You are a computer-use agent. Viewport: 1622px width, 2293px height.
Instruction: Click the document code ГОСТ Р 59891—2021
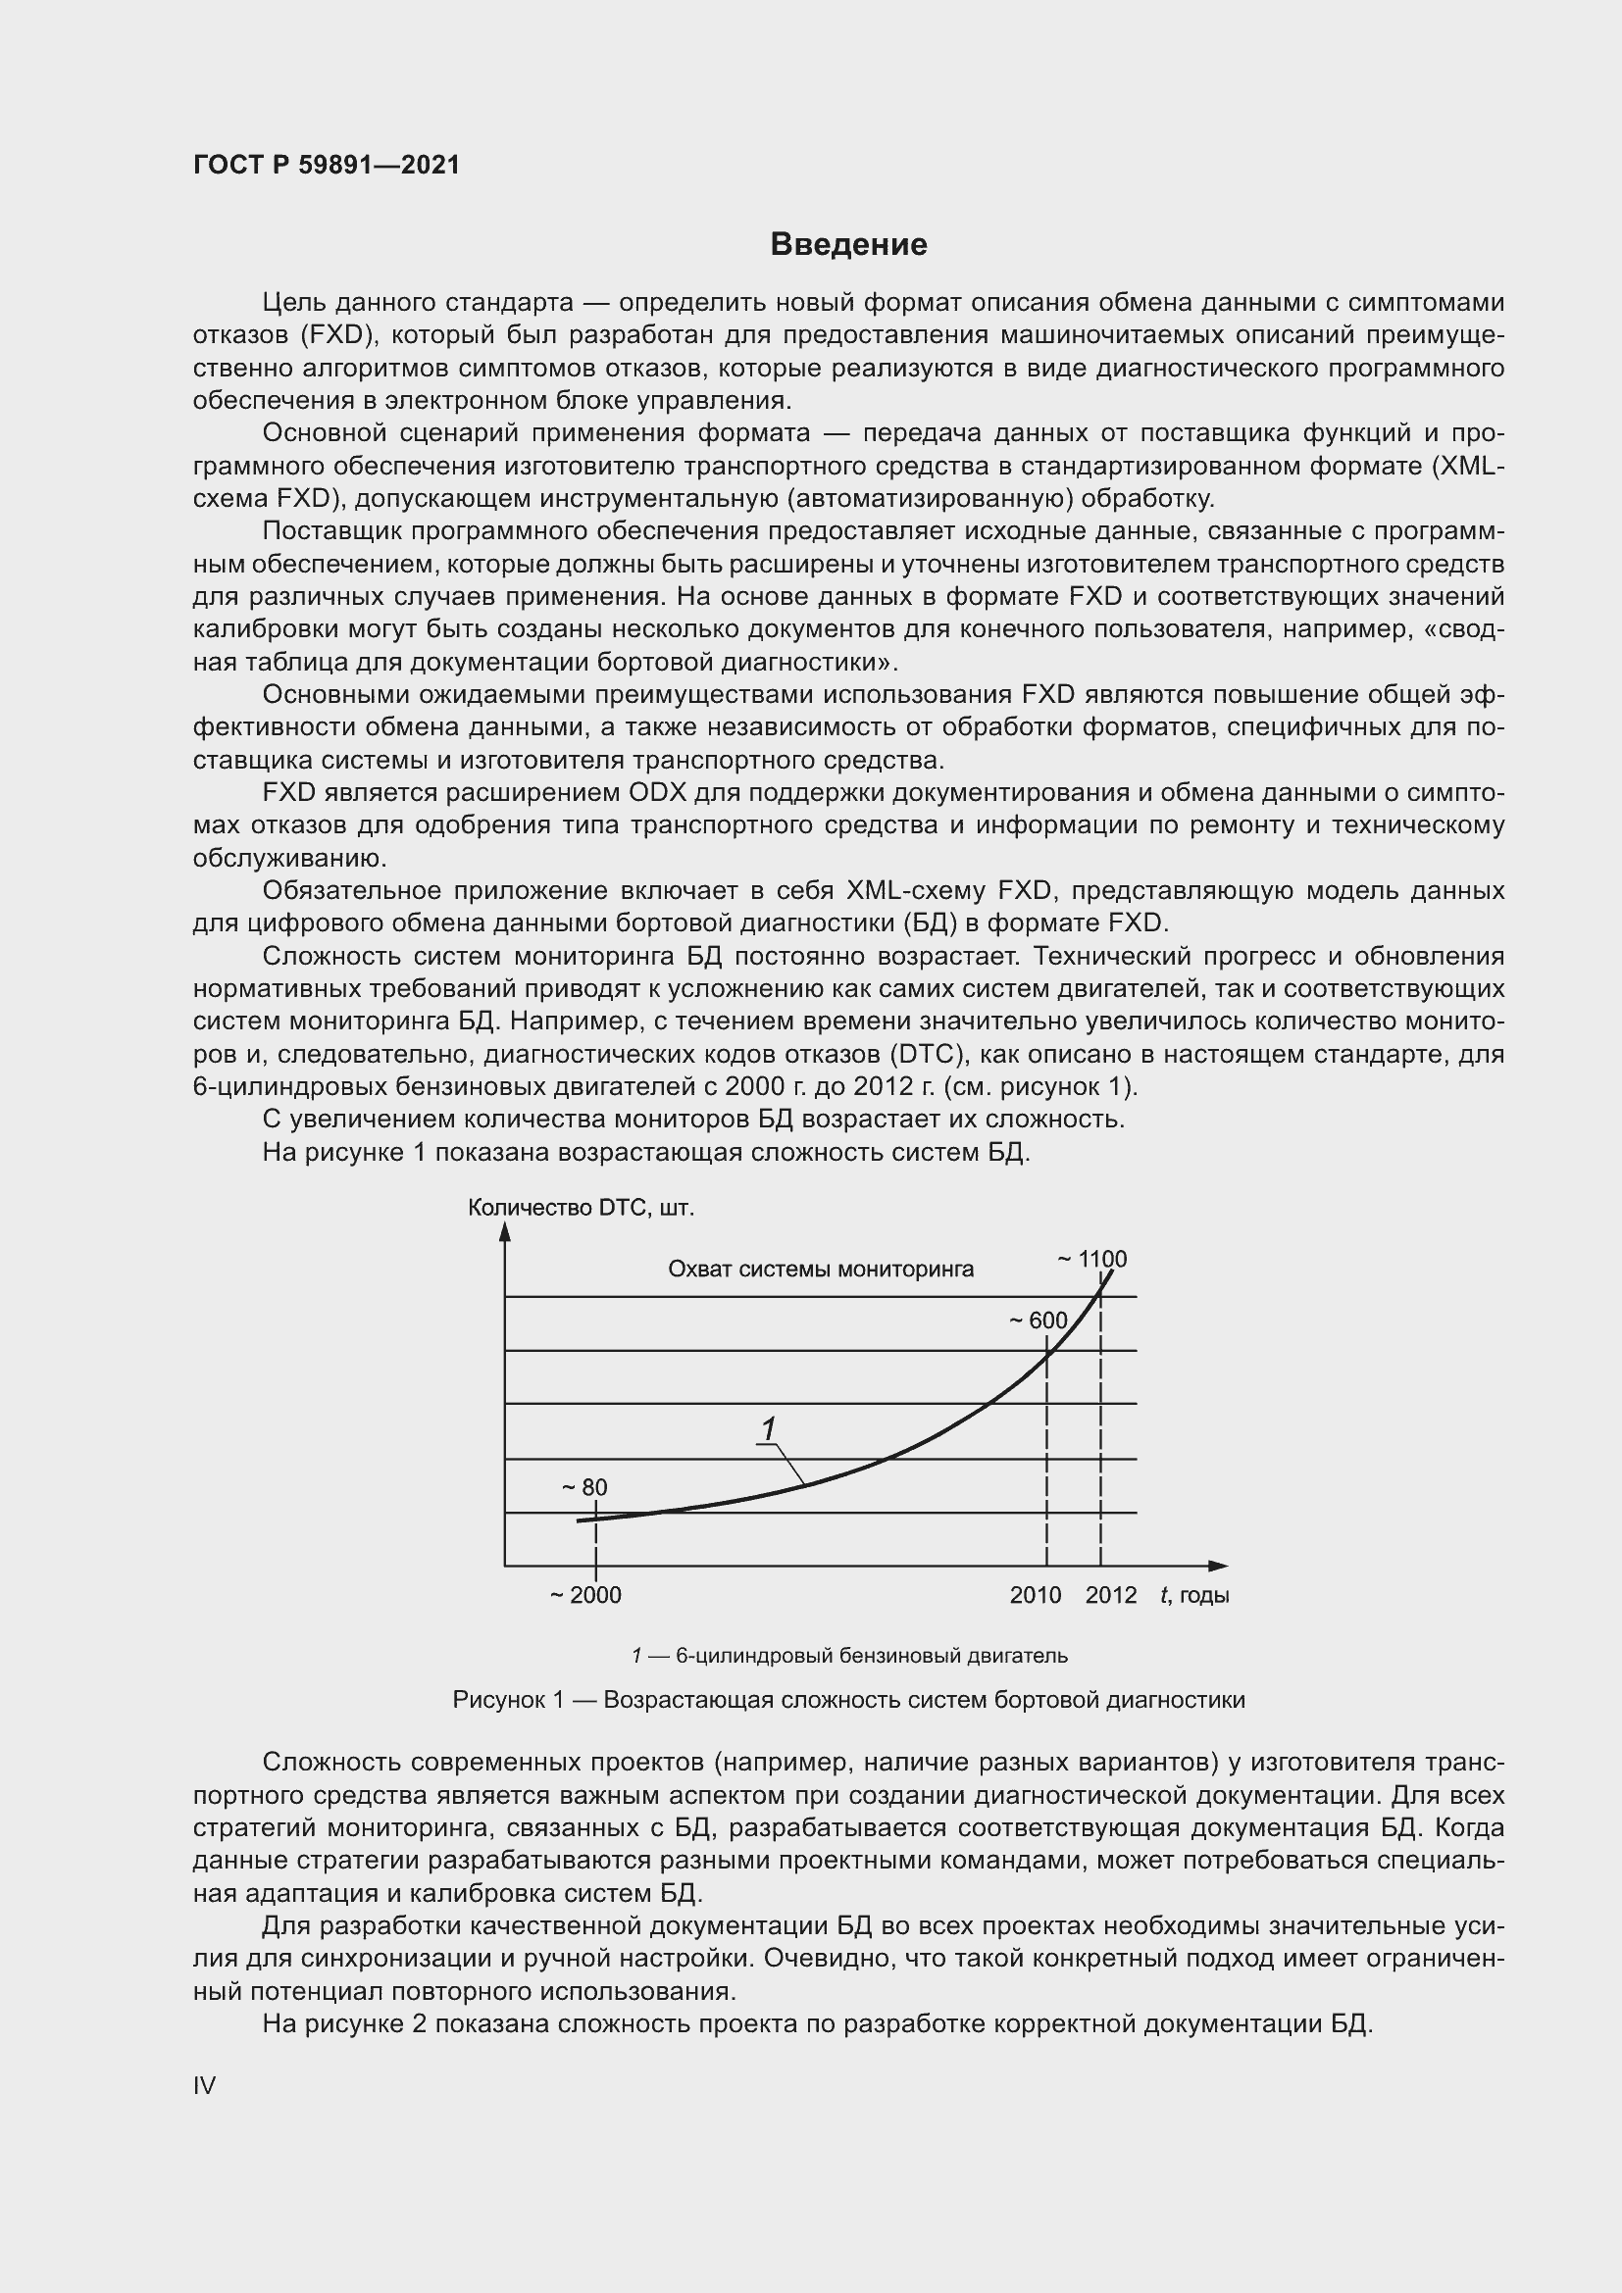pos(327,165)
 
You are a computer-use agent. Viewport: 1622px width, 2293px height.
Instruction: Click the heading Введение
pos(849,245)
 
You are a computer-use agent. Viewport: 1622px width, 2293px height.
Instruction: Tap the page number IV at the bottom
pos(204,2085)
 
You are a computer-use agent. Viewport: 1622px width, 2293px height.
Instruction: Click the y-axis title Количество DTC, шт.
pos(581,1208)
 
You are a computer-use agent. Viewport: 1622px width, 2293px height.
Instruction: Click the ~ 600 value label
pos(1038,1321)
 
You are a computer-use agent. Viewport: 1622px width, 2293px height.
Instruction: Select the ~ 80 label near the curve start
pos(584,1487)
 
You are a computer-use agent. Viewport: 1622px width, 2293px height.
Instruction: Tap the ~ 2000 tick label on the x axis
pos(585,1595)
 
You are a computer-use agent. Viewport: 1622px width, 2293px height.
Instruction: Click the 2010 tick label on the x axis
pos(1035,1595)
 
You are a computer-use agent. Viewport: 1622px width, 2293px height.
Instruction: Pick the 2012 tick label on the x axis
pos(1111,1595)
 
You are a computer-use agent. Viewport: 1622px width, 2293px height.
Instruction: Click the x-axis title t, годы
pos(1194,1595)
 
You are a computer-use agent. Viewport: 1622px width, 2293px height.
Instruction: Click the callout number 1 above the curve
pos(768,1430)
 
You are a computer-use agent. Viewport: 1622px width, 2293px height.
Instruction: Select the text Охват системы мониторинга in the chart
pos(820,1270)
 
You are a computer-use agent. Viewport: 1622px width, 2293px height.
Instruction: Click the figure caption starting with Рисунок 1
pos(848,1699)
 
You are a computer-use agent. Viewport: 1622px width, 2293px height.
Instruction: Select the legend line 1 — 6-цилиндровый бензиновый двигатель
pos(849,1656)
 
